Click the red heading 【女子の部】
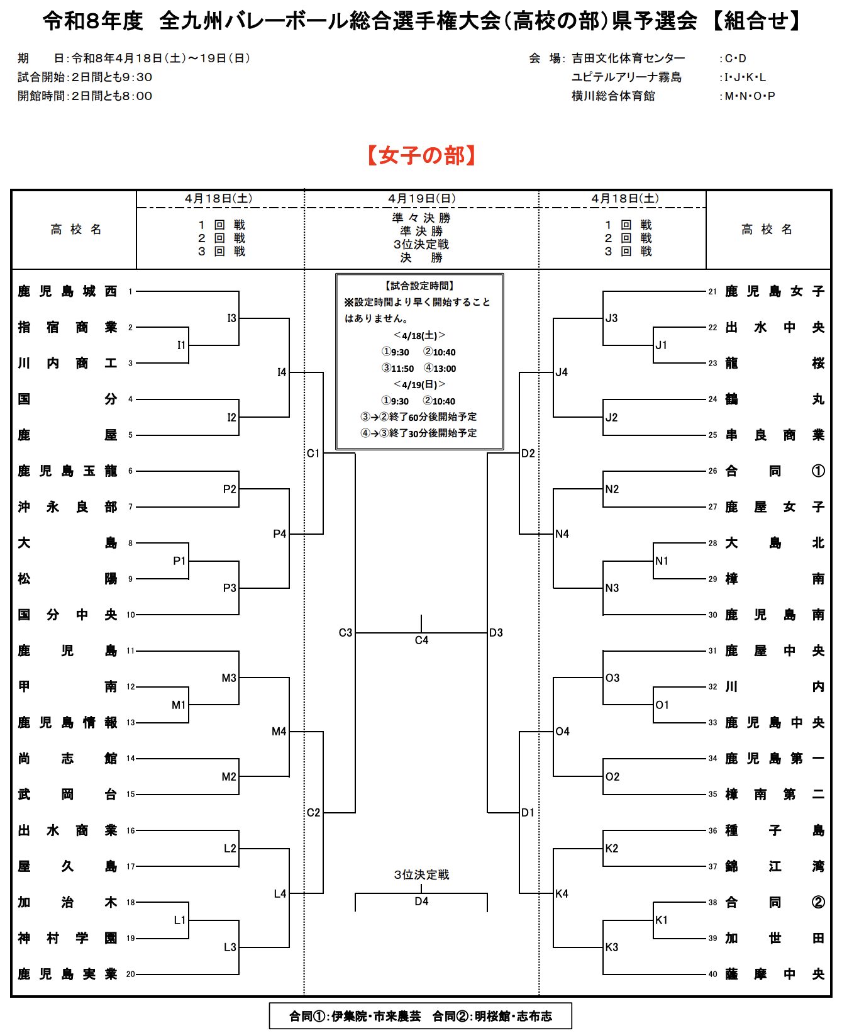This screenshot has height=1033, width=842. [x=421, y=155]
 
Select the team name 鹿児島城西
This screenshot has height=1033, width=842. [x=67, y=291]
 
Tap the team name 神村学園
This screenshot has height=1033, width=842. [x=67, y=938]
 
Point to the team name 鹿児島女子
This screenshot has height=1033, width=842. [x=774, y=291]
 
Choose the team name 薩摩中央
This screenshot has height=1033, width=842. [x=774, y=974]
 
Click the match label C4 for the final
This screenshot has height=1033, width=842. [x=421, y=640]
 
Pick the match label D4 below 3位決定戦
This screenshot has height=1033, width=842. [x=421, y=902]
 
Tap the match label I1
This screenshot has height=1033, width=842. [x=181, y=345]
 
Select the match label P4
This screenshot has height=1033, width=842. [x=280, y=533]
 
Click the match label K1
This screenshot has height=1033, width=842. [x=662, y=920]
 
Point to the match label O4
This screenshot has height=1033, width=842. [x=562, y=731]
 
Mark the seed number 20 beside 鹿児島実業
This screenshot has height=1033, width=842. [x=130, y=974]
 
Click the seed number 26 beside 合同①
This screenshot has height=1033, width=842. [x=712, y=471]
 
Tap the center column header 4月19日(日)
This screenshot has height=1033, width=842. [x=421, y=198]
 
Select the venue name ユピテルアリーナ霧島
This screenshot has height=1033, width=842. [x=626, y=77]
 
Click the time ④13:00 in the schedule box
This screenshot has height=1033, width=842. [x=440, y=369]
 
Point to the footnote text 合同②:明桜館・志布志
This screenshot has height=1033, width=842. [x=492, y=1016]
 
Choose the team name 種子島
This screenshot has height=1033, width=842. [x=774, y=830]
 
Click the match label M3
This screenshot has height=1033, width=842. [x=229, y=678]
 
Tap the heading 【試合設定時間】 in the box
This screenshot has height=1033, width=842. [x=419, y=286]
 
